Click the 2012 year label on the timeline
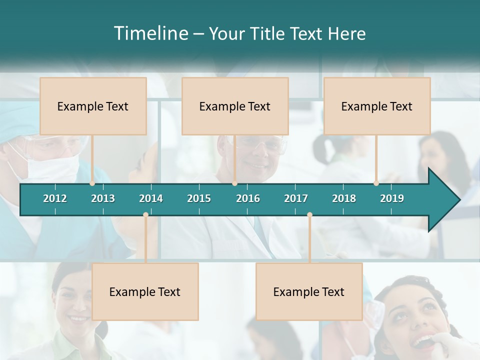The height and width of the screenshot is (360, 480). (x=55, y=198)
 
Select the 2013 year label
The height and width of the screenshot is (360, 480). (x=103, y=198)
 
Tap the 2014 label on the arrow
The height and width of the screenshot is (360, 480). (x=151, y=198)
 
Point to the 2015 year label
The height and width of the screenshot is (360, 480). (x=199, y=198)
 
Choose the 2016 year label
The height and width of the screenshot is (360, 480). (x=248, y=198)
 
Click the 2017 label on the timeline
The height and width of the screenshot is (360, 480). (x=296, y=198)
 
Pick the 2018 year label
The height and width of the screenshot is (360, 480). (x=344, y=198)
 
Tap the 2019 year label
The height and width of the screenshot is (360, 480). (x=392, y=198)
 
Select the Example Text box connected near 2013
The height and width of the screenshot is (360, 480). (x=93, y=106)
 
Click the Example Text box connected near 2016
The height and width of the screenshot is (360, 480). (x=235, y=106)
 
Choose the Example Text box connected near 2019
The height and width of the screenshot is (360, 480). (x=377, y=106)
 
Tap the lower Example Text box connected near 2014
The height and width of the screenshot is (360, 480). (x=145, y=291)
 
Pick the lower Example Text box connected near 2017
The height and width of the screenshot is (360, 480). (x=309, y=291)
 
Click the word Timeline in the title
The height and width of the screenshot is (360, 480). (x=150, y=33)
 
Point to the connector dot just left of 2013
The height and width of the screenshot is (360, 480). (x=92, y=183)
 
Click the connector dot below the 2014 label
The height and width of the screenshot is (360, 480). (x=145, y=215)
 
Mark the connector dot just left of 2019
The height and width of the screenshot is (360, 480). (x=376, y=183)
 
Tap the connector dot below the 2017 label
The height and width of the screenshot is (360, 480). (x=309, y=215)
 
